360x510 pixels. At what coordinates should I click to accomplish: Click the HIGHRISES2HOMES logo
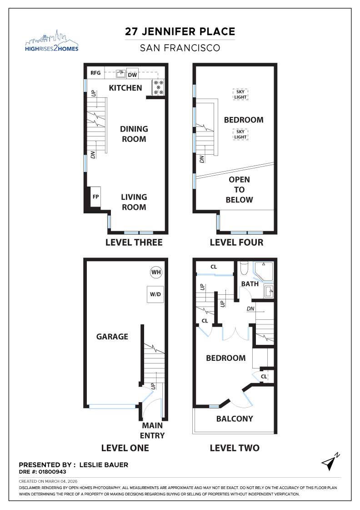51,41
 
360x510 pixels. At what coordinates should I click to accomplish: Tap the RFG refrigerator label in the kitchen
95,73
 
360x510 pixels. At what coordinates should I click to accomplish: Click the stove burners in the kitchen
159,87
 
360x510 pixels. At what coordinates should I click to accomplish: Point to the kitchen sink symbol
120,73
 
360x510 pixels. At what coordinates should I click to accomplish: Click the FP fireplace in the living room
95,197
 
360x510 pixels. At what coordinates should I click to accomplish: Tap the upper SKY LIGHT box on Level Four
240,94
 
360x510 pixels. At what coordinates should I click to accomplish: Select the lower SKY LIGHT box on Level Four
240,134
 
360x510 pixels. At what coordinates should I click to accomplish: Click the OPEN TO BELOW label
239,190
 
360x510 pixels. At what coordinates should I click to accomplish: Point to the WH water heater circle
156,273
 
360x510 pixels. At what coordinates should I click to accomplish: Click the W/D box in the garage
155,294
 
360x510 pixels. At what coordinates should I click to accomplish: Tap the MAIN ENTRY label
153,430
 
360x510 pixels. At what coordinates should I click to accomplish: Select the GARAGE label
112,337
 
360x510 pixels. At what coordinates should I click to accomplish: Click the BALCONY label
235,419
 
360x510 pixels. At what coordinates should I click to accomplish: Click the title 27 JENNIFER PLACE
180,32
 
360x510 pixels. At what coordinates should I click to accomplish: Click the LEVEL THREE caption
134,242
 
